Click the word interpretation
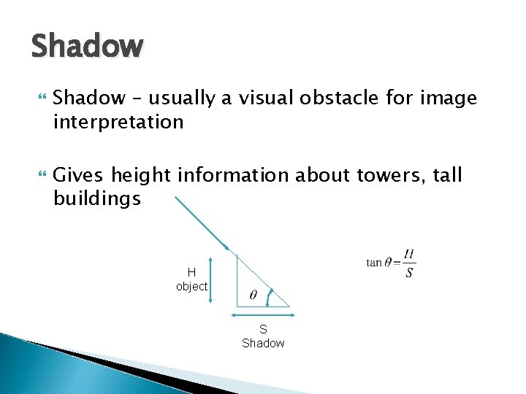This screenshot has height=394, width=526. click(118, 122)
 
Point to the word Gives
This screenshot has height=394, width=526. click(80, 176)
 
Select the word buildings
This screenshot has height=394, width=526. click(97, 199)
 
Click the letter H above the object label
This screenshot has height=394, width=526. click(191, 273)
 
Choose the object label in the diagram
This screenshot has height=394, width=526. click(191, 287)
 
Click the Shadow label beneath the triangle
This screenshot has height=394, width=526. click(263, 343)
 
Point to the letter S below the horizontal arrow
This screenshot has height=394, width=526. click(263, 329)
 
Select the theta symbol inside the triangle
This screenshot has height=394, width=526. click(253, 295)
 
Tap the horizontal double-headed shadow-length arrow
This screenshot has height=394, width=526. click(263, 315)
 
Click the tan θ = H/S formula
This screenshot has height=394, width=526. click(391, 263)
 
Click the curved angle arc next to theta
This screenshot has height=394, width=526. click(271, 295)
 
